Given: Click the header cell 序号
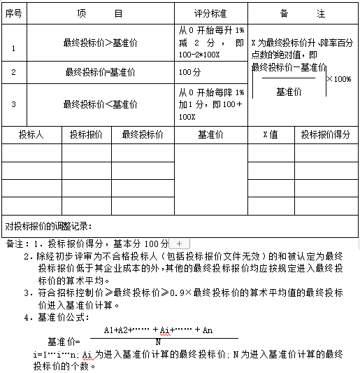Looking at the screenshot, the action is point(13,14).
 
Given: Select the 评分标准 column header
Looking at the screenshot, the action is point(210,14).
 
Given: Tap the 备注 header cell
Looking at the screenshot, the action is point(302,14).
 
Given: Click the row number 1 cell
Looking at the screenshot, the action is point(13,48).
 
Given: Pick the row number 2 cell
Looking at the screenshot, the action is point(13,72).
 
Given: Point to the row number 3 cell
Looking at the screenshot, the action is point(13,105).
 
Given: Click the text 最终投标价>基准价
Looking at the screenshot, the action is point(100,43).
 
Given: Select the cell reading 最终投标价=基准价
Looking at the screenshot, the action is point(100,72).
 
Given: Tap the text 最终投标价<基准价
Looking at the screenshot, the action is point(100,104).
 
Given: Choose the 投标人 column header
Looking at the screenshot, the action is point(31,134).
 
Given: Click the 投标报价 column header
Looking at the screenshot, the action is point(86,134).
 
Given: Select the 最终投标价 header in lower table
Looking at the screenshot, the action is point(142,134).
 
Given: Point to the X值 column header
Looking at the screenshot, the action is point(270,134).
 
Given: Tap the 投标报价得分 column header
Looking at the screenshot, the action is point(326,134).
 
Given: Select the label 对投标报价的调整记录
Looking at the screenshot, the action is point(48,226).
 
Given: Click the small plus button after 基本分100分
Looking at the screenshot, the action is point(180,244).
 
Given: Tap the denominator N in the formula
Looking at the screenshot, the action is point(158,342).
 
